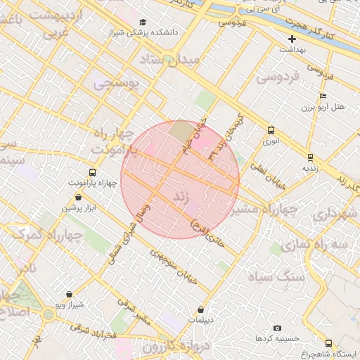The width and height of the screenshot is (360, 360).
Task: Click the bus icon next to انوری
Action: coord(271,130)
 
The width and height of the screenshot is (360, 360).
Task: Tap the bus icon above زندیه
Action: coord(310,157)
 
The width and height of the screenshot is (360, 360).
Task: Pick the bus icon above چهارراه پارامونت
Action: coord(92,172)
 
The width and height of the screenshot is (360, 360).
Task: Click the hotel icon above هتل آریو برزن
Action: coord(323,96)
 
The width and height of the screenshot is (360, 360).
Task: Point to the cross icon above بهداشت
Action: coord(292,39)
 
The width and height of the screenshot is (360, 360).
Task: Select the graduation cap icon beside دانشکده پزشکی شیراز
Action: coord(143,22)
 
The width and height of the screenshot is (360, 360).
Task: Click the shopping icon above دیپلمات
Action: coord(201,309)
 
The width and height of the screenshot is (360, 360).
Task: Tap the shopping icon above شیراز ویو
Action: coord(69,294)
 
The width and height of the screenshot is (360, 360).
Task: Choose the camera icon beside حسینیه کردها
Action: coord(277,328)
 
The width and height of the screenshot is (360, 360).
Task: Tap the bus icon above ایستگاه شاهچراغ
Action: coord(328,343)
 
